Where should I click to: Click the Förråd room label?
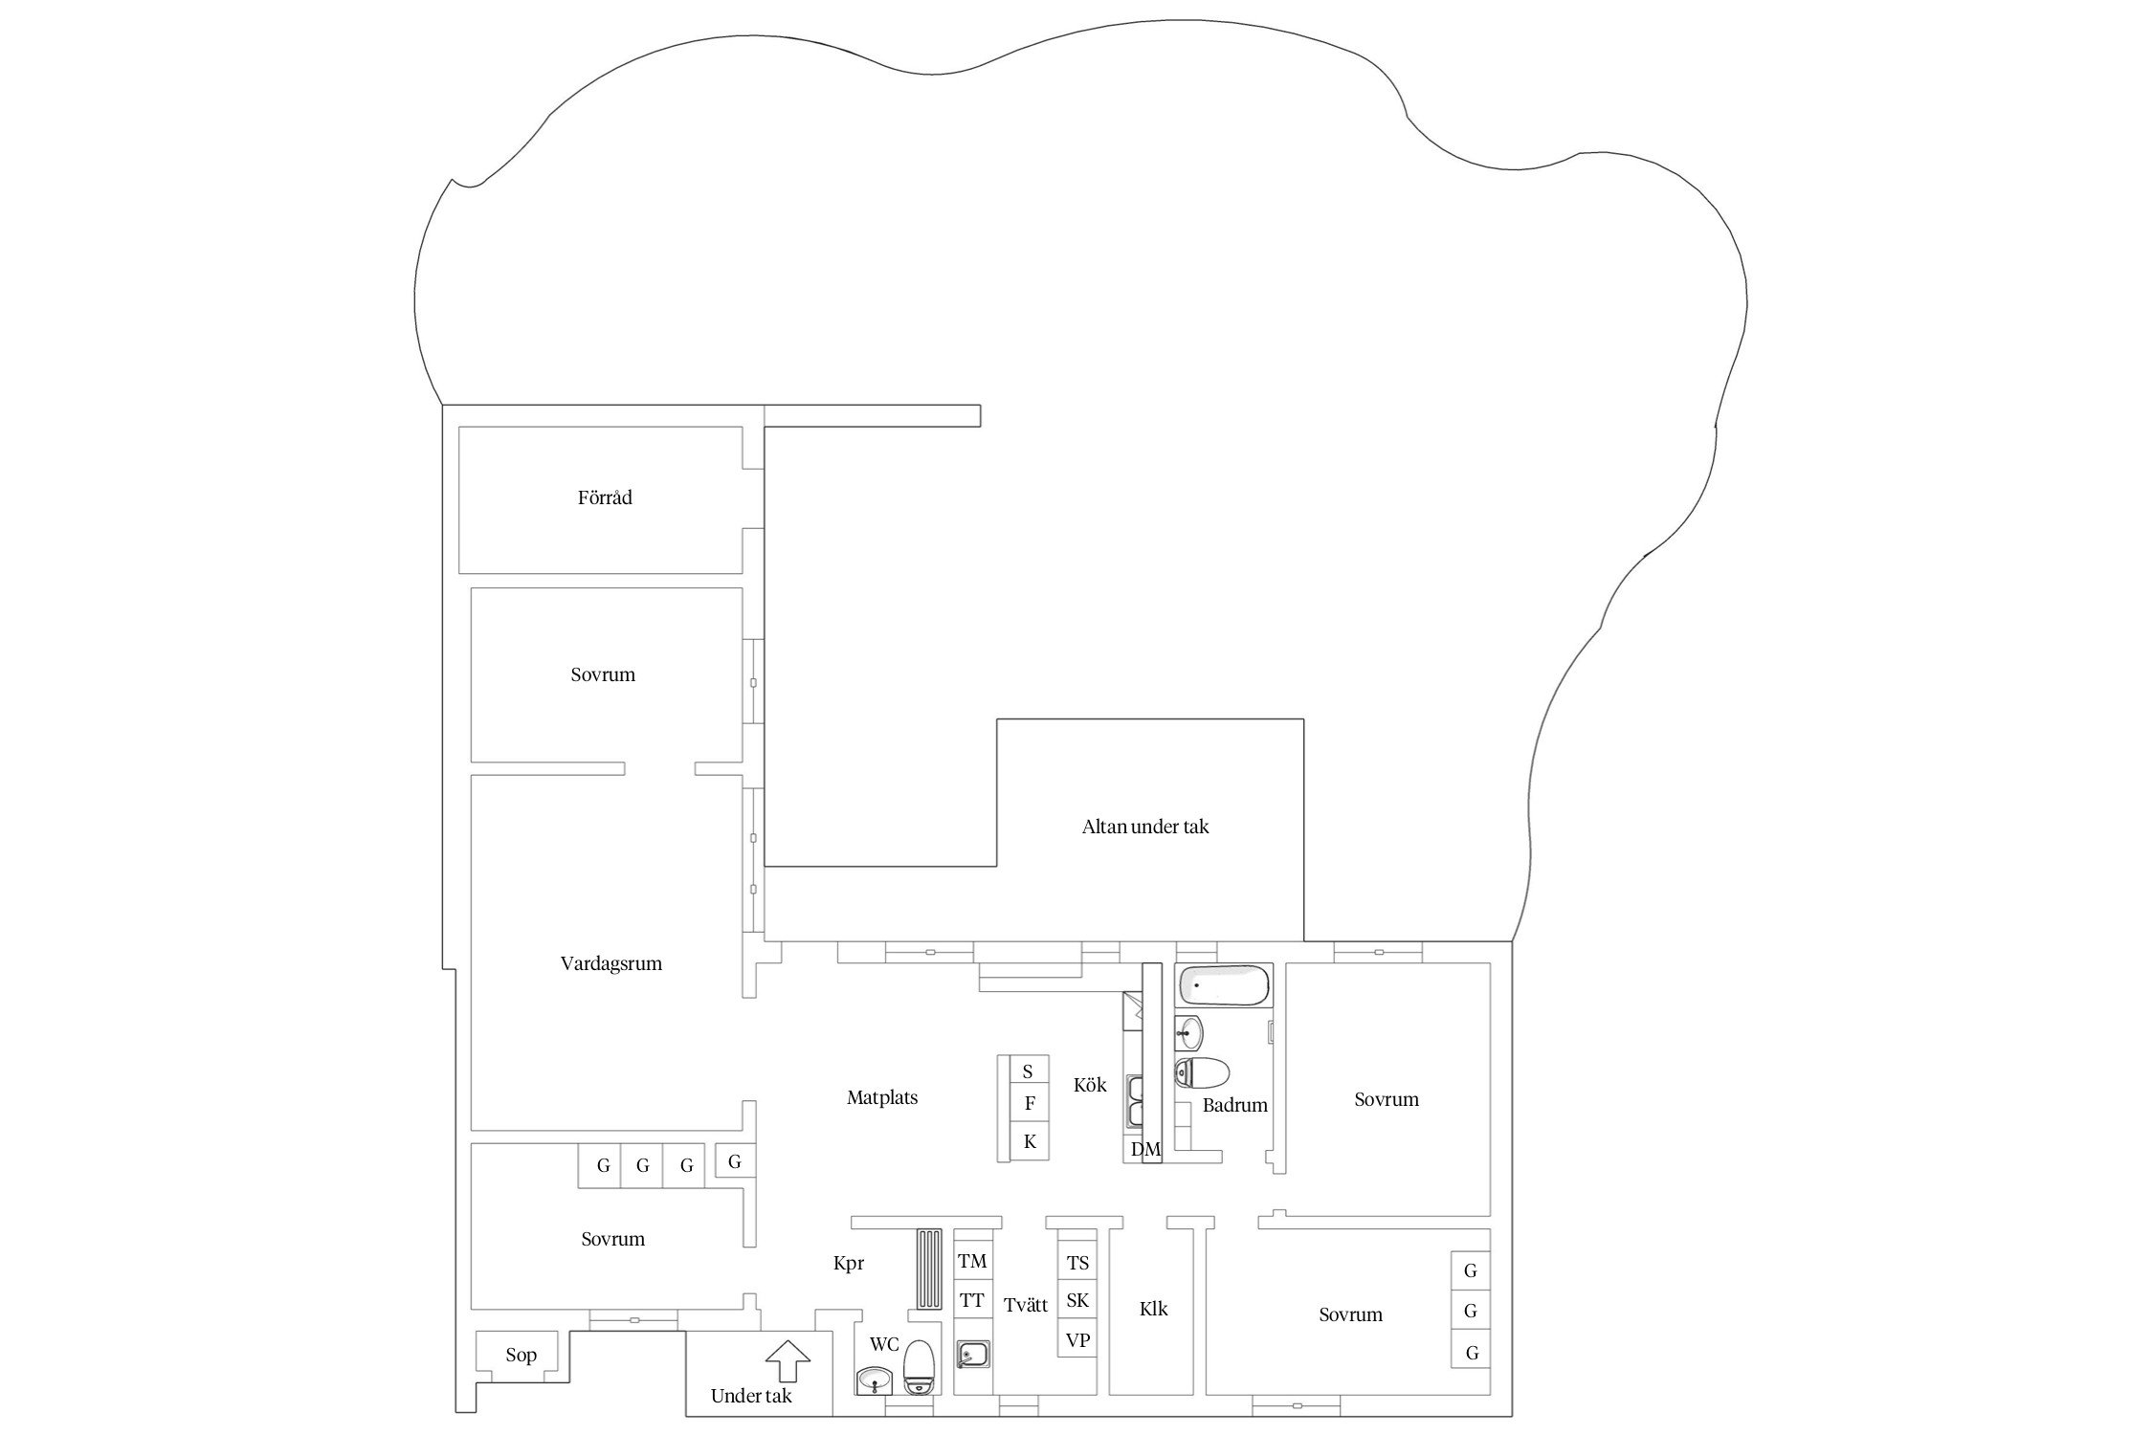tap(605, 497)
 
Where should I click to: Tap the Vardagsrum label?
tap(610, 963)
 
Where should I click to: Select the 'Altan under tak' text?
tap(1144, 827)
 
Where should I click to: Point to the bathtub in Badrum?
tap(1224, 984)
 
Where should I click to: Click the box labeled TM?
tap(972, 1262)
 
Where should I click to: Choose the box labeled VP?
tap(1076, 1340)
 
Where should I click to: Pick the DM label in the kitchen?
tap(1144, 1150)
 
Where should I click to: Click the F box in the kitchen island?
tap(1030, 1103)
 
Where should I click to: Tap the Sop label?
tap(521, 1355)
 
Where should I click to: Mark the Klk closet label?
tap(1153, 1309)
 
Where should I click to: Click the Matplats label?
tap(881, 1097)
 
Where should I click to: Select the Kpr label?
tap(848, 1264)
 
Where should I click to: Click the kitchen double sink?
tap(1136, 1101)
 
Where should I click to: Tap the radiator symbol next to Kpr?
tap(929, 1269)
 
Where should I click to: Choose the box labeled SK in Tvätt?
tap(1076, 1300)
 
